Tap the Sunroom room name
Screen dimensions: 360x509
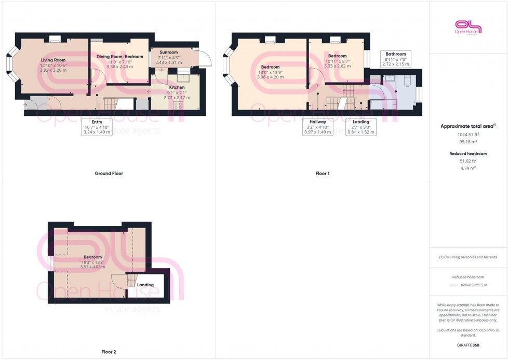coord(168,52)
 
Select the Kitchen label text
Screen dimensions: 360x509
coord(177,87)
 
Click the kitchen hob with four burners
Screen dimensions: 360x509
coord(178,105)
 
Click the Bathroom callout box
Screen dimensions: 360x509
coord(396,59)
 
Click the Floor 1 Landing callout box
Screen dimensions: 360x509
coord(360,127)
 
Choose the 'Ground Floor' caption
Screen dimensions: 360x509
coord(109,174)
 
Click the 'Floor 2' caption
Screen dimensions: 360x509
coord(109,352)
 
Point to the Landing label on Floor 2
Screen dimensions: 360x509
coord(145,285)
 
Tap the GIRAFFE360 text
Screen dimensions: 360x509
coord(468,344)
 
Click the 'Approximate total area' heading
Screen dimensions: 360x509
coord(468,126)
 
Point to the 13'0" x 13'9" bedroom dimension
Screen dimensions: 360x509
coord(271,72)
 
